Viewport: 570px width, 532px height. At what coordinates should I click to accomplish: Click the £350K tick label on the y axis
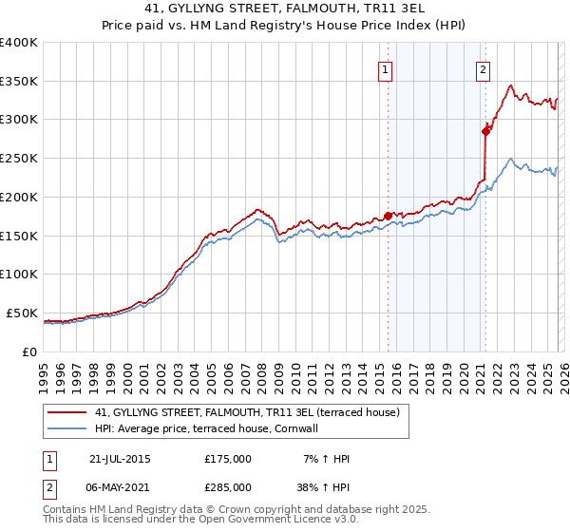[19, 82]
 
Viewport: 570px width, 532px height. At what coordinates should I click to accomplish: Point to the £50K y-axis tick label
[22, 313]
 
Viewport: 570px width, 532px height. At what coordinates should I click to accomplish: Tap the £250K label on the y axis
[19, 159]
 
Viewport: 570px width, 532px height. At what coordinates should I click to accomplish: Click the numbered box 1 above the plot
[386, 68]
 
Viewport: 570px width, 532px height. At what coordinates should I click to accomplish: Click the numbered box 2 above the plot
[484, 68]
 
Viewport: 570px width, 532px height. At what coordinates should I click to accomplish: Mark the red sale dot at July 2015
[388, 216]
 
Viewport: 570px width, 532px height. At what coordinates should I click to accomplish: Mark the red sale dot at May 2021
[485, 132]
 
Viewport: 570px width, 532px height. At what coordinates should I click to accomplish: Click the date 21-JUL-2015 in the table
[120, 459]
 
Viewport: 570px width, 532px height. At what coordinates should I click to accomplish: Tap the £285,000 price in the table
[228, 486]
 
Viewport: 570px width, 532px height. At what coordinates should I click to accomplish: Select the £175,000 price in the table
[228, 459]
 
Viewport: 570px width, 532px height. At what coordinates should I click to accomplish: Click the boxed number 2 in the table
[48, 486]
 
